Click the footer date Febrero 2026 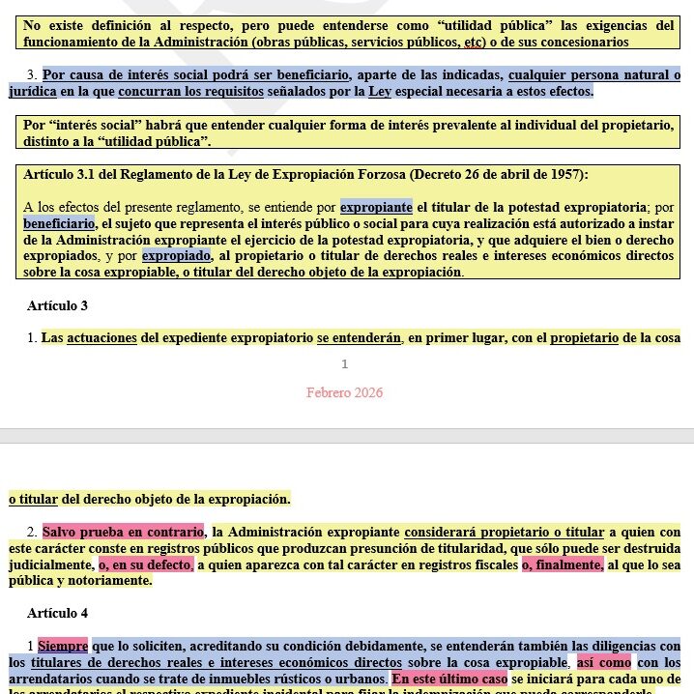tap(344, 392)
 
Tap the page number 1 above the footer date tap(344, 364)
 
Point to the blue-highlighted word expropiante tap(376, 206)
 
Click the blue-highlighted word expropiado tap(177, 256)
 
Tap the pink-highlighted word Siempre tap(63, 645)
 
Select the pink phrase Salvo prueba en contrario tap(123, 532)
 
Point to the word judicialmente tap(51, 564)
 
